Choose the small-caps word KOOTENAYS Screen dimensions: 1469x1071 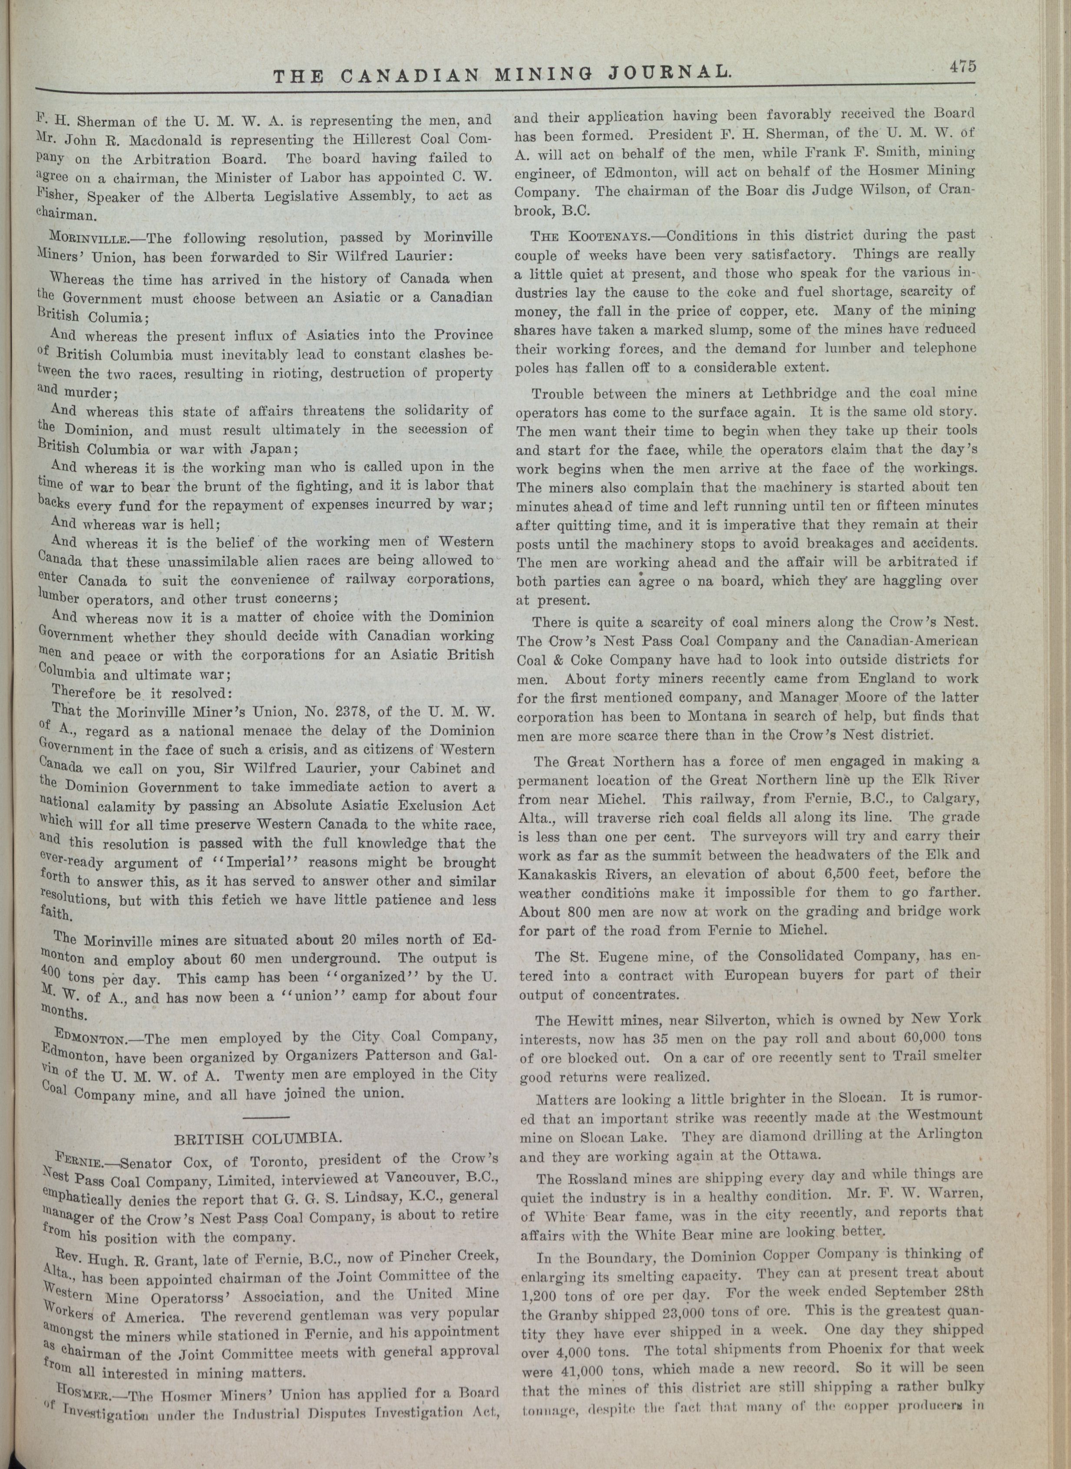(x=605, y=235)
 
